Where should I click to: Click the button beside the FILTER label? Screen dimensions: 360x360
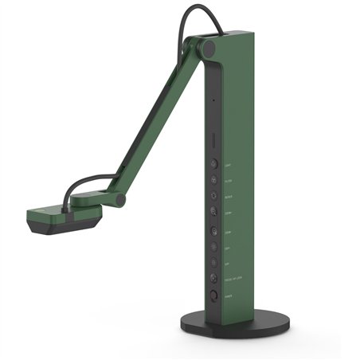(214, 180)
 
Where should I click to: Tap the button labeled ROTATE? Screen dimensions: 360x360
(214, 194)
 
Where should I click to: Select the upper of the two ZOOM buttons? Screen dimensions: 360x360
(214, 212)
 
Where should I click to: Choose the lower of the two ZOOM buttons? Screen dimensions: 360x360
(214, 231)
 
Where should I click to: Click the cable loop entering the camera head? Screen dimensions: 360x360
(88, 188)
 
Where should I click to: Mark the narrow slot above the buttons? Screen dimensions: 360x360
(213, 142)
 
